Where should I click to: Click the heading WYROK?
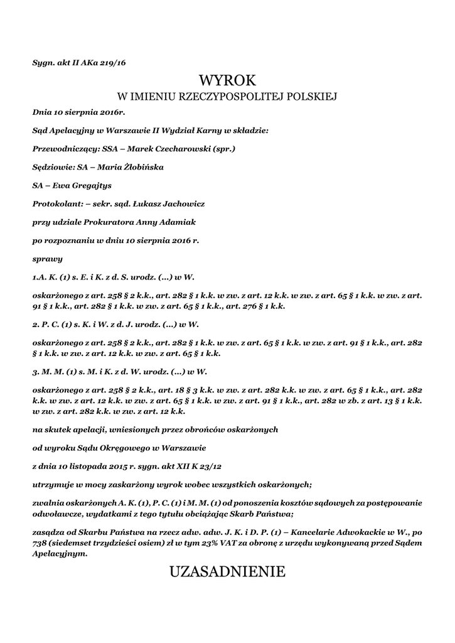click(227, 80)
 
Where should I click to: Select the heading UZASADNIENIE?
click(227, 571)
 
